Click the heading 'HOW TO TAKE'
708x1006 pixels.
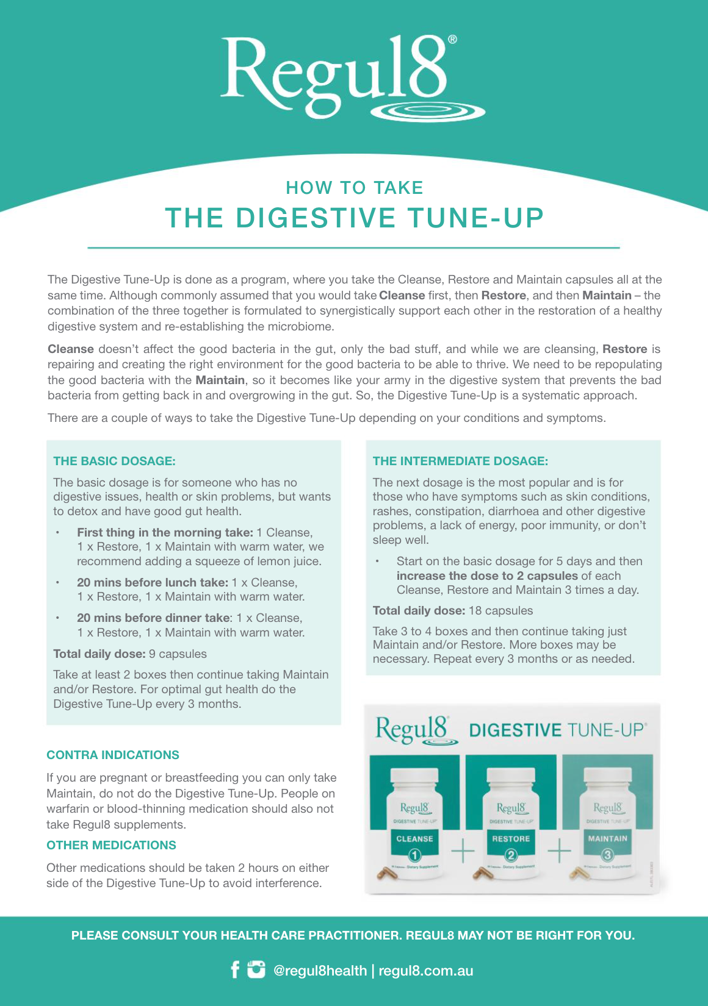(x=354, y=188)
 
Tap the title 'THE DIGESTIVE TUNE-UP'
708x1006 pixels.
(x=354, y=218)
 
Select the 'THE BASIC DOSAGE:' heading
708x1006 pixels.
(x=114, y=462)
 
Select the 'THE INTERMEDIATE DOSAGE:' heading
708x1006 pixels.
(x=460, y=462)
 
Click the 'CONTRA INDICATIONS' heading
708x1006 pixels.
(x=113, y=755)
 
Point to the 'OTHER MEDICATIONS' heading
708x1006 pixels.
(x=111, y=846)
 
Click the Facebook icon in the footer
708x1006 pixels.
(x=235, y=969)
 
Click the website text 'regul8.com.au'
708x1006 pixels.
(x=425, y=971)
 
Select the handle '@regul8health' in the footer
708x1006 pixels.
(x=320, y=971)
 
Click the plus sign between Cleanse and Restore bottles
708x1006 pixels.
(x=463, y=850)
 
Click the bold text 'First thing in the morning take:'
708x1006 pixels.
(x=165, y=533)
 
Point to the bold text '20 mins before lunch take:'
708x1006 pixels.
(x=153, y=583)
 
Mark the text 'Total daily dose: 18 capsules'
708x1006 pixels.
(x=452, y=611)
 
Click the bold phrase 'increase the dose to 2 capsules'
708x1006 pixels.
(x=486, y=576)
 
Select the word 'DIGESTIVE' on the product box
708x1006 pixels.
(x=515, y=730)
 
